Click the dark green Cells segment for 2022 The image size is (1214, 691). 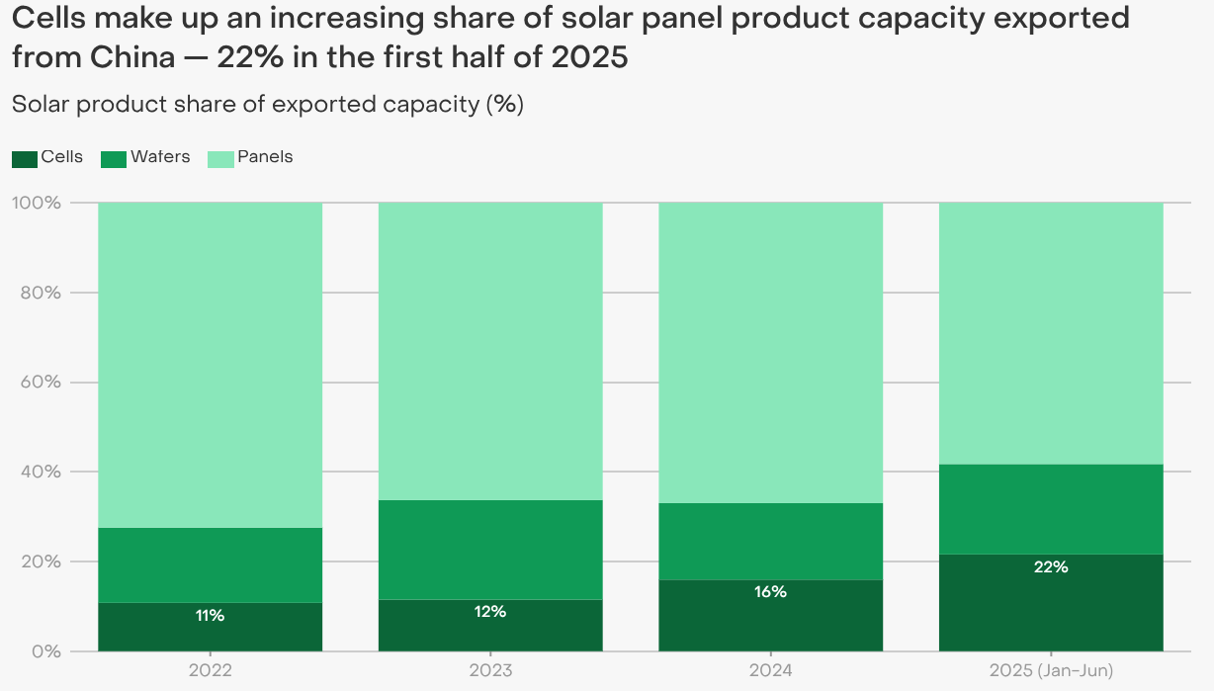coord(211,633)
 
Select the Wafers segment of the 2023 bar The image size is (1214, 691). coord(490,550)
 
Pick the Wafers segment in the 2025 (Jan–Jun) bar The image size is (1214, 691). coord(1050,509)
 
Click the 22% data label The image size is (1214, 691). coord(1050,567)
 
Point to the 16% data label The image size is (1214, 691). coord(770,592)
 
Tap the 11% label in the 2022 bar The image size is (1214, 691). coord(210,616)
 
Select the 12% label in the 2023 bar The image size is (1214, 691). coord(490,612)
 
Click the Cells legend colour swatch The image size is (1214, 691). coord(25,158)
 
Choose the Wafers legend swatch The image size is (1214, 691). coord(114,158)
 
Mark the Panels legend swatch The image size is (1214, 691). coord(220,158)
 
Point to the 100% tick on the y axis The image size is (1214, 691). coord(37,203)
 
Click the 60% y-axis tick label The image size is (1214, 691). coord(41,383)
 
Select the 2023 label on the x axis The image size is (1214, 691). coord(490,671)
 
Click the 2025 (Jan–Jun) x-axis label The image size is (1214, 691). coord(1050,671)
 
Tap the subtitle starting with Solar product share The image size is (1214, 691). coord(267,104)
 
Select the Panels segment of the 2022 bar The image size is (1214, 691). coord(211,365)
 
